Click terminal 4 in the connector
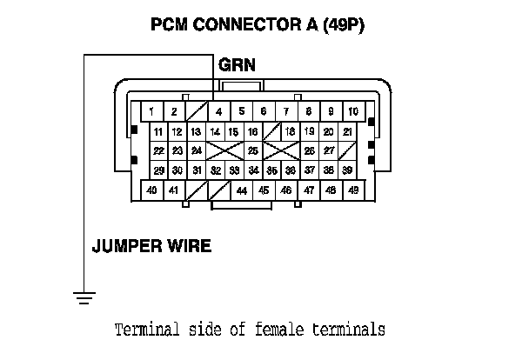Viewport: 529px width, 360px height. coord(218,111)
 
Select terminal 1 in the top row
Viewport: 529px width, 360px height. coord(151,111)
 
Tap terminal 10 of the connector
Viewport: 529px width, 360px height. coord(353,111)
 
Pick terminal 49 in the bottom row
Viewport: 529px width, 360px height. coord(353,190)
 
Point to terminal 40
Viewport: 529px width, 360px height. coord(151,190)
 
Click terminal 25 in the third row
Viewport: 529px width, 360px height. coord(252,150)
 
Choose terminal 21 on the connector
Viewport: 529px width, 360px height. coord(347,131)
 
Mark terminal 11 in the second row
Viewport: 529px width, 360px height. coord(157,131)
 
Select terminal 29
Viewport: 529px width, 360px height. coord(157,170)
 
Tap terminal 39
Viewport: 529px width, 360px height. coord(347,170)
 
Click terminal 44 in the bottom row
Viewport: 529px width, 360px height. coord(241,190)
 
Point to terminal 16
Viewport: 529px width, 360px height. coord(252,131)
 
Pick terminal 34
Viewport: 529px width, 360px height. coord(252,170)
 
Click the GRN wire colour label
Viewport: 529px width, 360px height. coord(237,65)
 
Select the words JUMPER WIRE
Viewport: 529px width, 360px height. coord(151,246)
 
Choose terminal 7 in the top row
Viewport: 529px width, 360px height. coord(285,111)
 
